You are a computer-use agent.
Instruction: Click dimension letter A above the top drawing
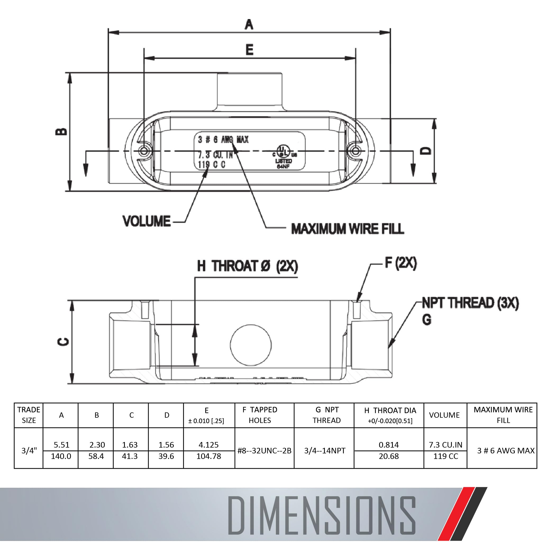(249, 25)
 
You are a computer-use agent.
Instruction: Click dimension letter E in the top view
(249, 50)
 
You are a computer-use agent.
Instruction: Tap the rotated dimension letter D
(426, 151)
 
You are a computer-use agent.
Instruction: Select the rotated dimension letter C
(63, 341)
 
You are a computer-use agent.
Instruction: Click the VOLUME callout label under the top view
(147, 221)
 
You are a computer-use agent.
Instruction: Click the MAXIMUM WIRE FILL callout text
(348, 229)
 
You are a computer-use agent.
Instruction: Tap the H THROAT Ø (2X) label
(248, 266)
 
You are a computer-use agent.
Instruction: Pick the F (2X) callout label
(401, 263)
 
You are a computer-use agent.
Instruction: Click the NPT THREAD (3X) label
(470, 303)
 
